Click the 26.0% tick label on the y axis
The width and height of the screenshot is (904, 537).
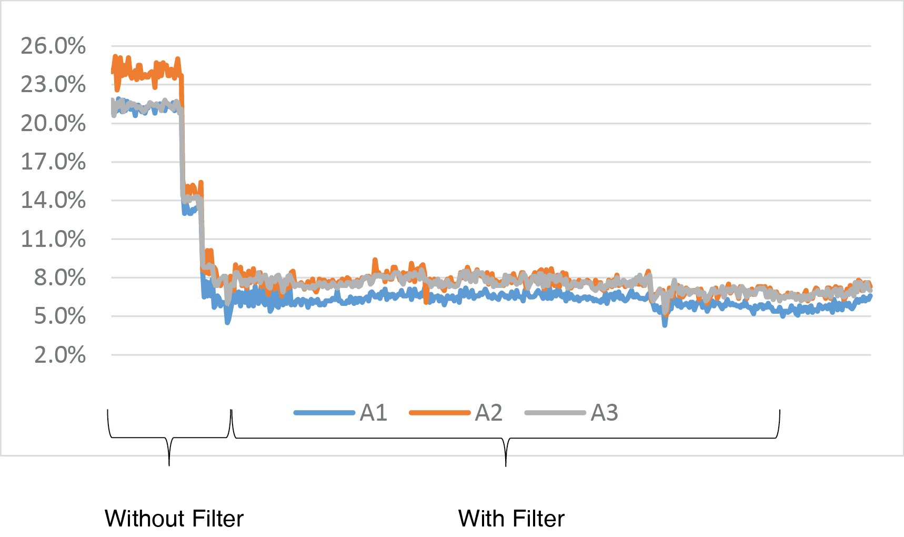[53, 46]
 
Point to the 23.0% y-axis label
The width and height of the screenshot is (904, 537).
[53, 85]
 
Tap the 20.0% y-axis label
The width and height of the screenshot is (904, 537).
[53, 124]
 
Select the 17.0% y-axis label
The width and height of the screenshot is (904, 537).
[53, 162]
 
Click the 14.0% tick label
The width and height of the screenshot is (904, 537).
[53, 201]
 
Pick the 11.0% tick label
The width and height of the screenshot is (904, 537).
[53, 240]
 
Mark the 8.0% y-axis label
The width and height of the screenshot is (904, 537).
[59, 278]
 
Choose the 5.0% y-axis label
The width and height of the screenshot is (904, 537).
[59, 316]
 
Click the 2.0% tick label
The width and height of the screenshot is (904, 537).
[59, 355]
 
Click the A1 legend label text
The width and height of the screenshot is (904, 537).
[374, 413]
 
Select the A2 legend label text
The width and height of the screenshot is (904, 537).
[488, 413]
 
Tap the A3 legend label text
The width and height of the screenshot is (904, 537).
[604, 413]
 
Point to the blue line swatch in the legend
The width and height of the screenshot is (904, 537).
[324, 413]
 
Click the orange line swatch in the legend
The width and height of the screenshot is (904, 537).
[439, 413]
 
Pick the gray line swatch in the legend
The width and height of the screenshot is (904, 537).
[555, 413]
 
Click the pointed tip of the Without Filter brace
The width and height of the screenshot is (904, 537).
[169, 465]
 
